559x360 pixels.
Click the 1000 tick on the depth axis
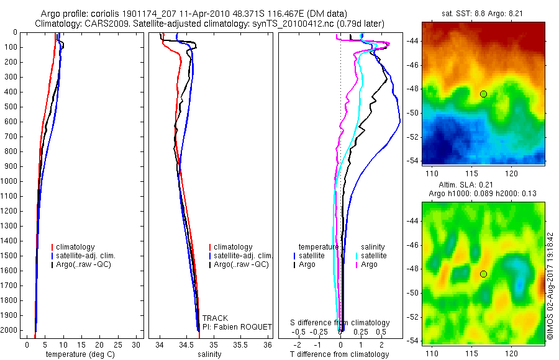[12, 181]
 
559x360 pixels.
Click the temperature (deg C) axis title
[80, 354]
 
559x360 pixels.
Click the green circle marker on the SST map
[483, 94]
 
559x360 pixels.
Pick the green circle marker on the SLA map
[483, 274]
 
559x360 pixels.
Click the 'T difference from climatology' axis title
[340, 354]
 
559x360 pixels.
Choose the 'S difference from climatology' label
[340, 323]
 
